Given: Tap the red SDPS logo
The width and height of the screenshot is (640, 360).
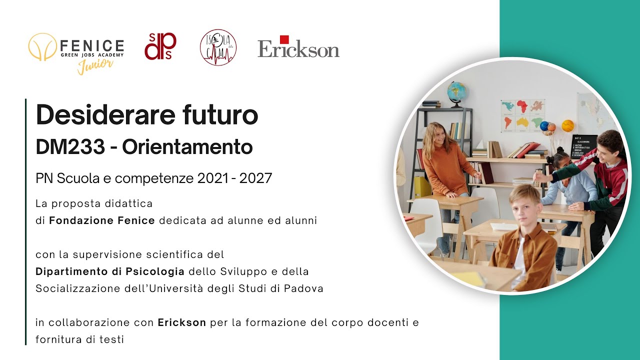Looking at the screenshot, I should coord(160,46).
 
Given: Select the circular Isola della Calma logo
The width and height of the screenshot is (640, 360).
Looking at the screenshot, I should coord(218,47).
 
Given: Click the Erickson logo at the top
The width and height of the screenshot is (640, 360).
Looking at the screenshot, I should coord(298,47).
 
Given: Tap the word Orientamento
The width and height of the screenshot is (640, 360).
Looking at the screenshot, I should coord(187,147).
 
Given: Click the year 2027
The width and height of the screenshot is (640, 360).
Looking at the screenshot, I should coord(255,178).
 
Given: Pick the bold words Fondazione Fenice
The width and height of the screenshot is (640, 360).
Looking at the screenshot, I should coord(102,220).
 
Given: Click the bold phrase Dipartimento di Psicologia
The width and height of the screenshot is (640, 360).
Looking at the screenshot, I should coord(110,271).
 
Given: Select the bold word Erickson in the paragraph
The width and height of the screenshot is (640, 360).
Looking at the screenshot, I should coord(182,322).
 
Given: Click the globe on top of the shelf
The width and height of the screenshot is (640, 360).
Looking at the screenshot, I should coord(456,92).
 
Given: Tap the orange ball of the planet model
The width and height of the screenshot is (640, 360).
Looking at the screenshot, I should coord(567,125).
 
